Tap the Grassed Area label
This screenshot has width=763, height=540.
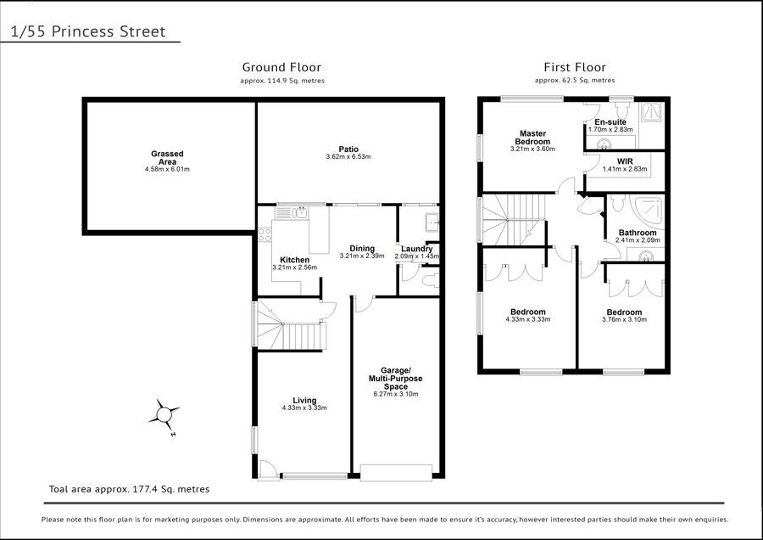167,158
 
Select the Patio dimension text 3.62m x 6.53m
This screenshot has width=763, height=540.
348,157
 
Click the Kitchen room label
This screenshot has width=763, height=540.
294,260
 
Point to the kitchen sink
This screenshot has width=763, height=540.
292,212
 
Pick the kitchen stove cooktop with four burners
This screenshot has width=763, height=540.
265,235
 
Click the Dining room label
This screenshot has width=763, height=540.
362,249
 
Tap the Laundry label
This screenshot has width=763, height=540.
417,249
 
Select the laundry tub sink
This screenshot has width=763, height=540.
432,222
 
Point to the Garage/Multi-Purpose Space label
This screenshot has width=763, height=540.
396,378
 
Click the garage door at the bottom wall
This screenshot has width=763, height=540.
396,473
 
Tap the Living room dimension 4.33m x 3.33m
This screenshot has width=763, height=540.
304,408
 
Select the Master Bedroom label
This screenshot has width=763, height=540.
532,138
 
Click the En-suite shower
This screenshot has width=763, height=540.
650,111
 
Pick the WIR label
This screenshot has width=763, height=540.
625,161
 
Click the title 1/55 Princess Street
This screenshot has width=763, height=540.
88,31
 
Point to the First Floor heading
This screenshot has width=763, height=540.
575,67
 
